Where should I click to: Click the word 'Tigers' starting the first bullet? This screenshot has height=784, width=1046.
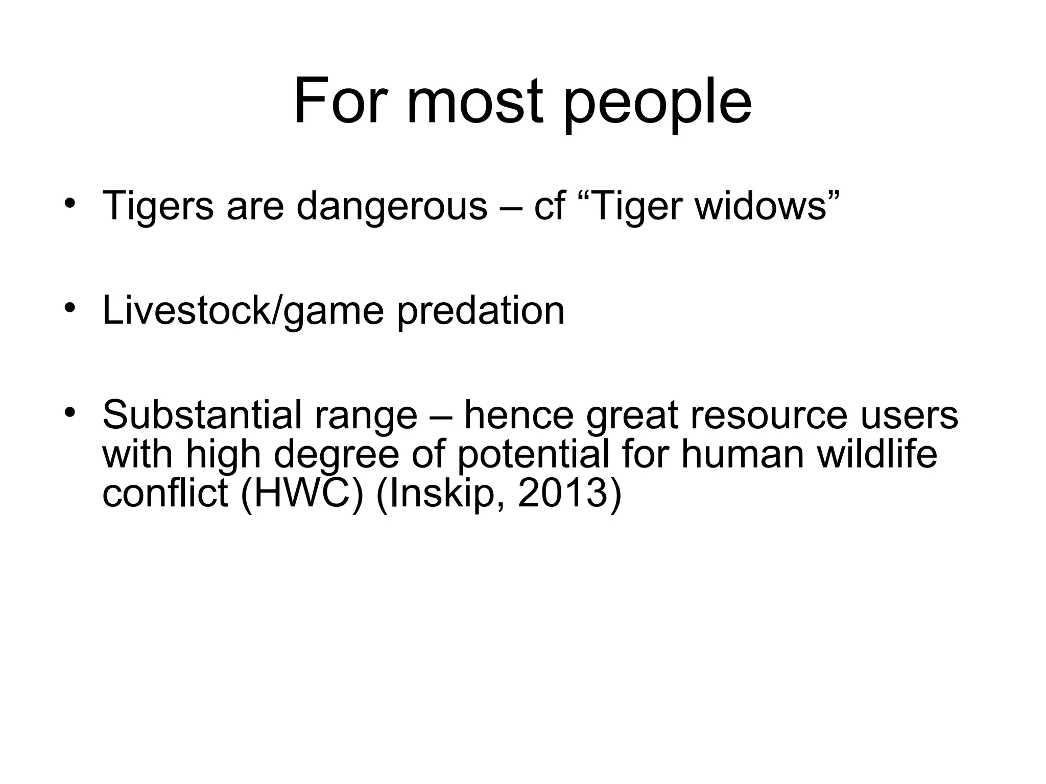[x=158, y=207]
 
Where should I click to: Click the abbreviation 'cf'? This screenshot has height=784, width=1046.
[x=549, y=206]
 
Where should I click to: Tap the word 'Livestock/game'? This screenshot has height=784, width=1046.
[x=243, y=311]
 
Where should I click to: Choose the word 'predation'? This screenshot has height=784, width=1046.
[x=481, y=311]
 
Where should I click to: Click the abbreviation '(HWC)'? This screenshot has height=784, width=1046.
[x=302, y=494]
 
